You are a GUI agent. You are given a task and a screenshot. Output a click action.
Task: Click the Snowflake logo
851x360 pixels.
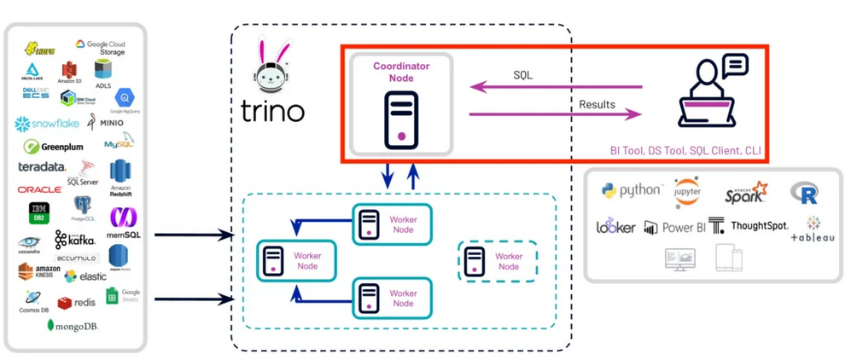click(x=47, y=125)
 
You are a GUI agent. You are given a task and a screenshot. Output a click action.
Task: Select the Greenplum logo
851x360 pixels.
click(x=54, y=147)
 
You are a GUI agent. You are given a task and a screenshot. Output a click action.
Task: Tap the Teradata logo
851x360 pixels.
click(x=42, y=167)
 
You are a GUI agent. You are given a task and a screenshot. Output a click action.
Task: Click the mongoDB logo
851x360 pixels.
click(x=73, y=326)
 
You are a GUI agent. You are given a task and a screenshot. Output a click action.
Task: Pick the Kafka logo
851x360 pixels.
click(x=75, y=240)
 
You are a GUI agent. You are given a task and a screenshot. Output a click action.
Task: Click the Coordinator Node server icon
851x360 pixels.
click(x=400, y=118)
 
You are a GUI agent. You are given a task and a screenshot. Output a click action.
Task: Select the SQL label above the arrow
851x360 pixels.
click(x=523, y=75)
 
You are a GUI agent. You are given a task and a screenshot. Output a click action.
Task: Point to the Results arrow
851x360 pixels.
click(x=555, y=113)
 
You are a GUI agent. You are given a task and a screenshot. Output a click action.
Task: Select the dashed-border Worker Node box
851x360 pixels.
click(x=498, y=261)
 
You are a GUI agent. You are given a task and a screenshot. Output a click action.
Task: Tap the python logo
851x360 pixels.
click(x=631, y=190)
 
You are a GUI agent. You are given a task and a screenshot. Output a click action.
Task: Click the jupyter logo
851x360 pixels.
click(x=687, y=192)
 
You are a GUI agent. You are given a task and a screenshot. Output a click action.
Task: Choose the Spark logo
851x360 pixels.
click(x=746, y=192)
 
